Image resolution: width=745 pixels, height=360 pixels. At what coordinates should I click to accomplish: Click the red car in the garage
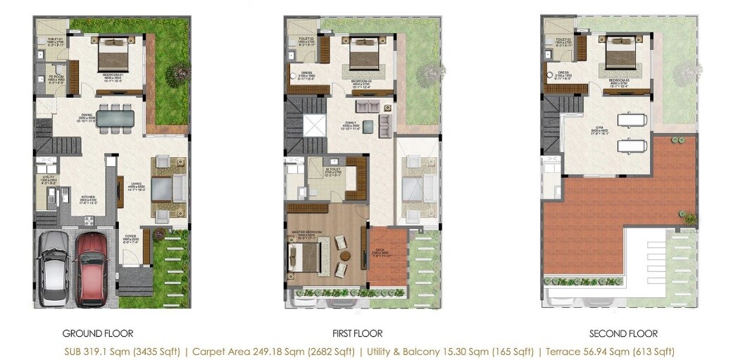(92, 268)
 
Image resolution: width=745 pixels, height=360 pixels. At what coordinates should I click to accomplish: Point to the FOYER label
(131, 238)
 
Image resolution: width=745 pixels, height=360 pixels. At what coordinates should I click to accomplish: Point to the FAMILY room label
(351, 123)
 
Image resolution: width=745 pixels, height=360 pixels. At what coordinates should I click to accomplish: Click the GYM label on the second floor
(600, 128)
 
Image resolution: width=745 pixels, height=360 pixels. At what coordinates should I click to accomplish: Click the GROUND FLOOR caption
(98, 333)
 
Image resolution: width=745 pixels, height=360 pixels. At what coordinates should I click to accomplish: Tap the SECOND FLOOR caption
(623, 333)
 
